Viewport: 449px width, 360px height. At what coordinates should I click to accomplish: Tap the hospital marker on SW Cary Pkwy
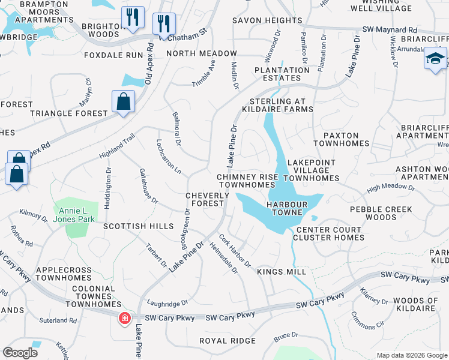point(125,318)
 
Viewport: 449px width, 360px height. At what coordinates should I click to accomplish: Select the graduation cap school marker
point(435,59)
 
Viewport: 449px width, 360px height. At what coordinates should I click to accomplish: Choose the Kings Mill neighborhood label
point(282,272)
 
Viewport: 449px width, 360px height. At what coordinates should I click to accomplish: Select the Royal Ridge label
point(228,341)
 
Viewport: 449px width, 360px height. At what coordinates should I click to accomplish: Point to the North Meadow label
point(202,53)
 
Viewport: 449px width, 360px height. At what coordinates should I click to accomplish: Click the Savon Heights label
point(267,20)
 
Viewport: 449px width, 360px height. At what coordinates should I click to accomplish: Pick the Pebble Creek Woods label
point(382,213)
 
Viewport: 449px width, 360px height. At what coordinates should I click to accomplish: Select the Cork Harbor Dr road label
point(234,251)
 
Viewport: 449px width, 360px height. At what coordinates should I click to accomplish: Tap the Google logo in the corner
point(20,353)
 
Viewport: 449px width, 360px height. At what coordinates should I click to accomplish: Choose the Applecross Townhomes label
point(63,274)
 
